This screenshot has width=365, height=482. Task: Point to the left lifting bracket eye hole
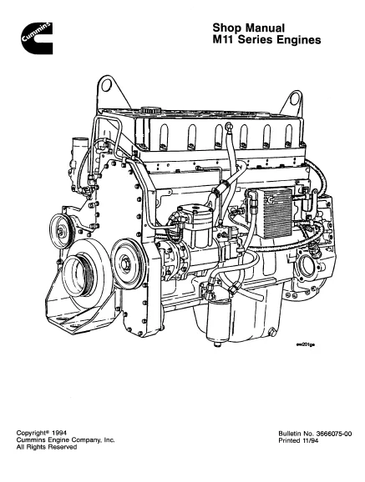[x=106, y=84]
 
